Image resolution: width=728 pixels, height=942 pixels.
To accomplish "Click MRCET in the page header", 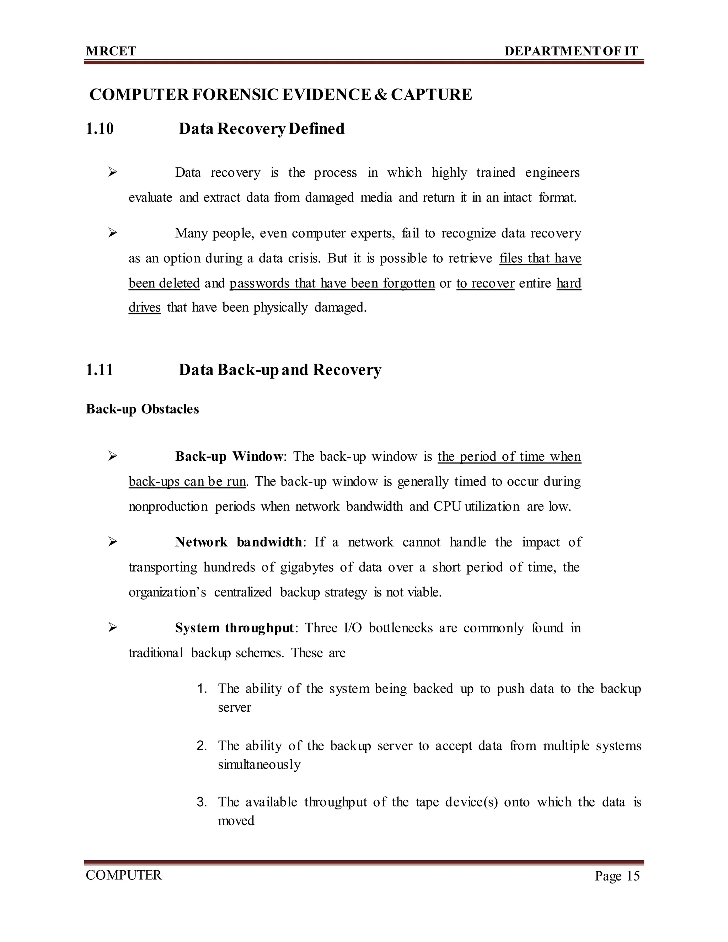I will click(111, 51).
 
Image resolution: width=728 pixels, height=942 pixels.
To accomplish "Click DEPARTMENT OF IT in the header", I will click(571, 51).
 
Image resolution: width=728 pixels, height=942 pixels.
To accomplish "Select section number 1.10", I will click(100, 129).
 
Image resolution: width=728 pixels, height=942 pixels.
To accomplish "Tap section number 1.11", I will click(100, 370).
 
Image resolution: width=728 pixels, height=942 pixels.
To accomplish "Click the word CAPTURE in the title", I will click(431, 95).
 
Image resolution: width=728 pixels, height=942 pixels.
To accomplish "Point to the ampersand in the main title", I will click(381, 95).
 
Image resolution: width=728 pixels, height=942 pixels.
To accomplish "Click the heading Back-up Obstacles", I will click(142, 409).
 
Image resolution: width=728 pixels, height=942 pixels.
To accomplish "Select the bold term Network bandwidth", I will click(239, 542).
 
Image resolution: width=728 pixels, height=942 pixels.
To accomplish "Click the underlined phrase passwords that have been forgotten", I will click(332, 283).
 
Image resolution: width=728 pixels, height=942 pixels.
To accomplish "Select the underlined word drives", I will click(144, 307).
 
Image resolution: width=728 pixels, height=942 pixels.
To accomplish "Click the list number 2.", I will click(202, 746).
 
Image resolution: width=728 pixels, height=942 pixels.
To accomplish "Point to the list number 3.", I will click(202, 802).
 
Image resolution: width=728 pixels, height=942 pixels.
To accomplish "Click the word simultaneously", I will click(259, 765).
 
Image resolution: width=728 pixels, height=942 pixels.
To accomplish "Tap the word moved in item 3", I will click(236, 820).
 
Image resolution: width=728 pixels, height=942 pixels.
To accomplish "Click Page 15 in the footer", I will click(617, 876).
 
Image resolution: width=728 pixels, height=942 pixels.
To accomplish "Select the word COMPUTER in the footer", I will click(124, 875).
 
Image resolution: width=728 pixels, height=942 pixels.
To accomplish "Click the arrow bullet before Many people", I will click(113, 233).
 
